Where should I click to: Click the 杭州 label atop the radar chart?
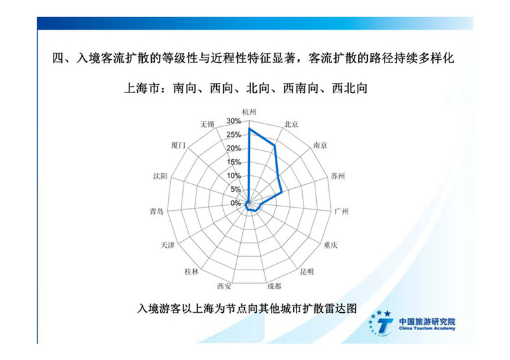(x=249, y=112)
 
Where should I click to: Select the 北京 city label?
(x=291, y=124)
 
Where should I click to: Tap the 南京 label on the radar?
(x=320, y=145)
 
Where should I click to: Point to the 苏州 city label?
(x=338, y=176)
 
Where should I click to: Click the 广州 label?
(x=342, y=212)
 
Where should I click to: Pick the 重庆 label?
(x=331, y=245)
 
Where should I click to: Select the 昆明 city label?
(x=307, y=271)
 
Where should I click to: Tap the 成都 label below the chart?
(x=274, y=286)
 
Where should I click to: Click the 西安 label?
(x=224, y=286)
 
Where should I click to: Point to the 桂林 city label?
(x=192, y=271)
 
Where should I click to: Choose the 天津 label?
(x=168, y=245)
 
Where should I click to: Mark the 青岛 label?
(x=157, y=212)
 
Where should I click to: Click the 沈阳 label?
(x=161, y=176)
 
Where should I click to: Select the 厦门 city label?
(x=178, y=145)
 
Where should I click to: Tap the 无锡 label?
(x=207, y=124)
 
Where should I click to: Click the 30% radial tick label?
(x=234, y=121)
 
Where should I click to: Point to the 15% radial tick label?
(x=234, y=162)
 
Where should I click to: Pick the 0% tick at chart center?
(x=236, y=203)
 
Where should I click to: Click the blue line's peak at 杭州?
(x=249, y=129)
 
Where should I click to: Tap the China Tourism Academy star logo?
(x=381, y=323)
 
